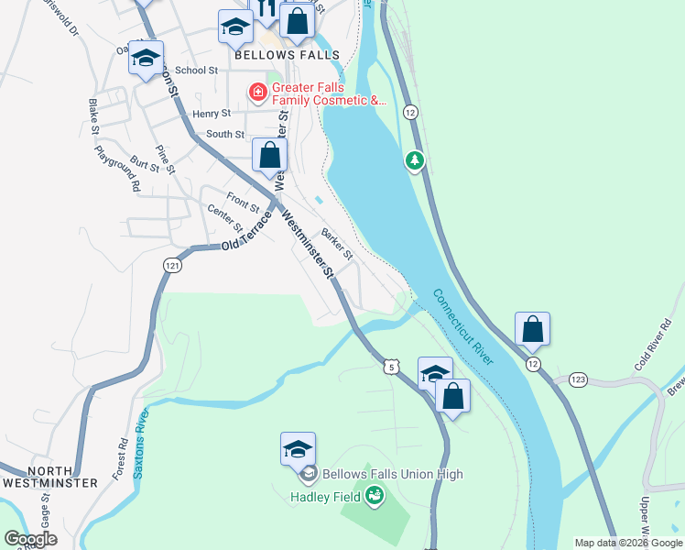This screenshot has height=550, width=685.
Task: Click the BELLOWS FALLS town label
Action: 287,55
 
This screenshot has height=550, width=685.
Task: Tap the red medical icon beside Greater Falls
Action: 257,93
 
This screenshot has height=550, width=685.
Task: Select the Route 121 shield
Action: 171,265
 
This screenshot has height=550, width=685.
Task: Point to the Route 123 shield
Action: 577,379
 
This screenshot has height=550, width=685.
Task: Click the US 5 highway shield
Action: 391,367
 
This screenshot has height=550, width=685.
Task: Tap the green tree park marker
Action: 416,161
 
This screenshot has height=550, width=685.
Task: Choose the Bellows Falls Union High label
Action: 391,474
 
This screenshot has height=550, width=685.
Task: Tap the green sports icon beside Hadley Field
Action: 374,497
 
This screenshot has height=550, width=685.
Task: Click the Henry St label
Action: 212,114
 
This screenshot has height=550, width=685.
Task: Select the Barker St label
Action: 337,243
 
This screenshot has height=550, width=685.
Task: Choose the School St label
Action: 196,70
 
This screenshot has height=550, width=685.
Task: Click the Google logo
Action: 30,539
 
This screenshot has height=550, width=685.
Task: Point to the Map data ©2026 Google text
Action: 628,543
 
